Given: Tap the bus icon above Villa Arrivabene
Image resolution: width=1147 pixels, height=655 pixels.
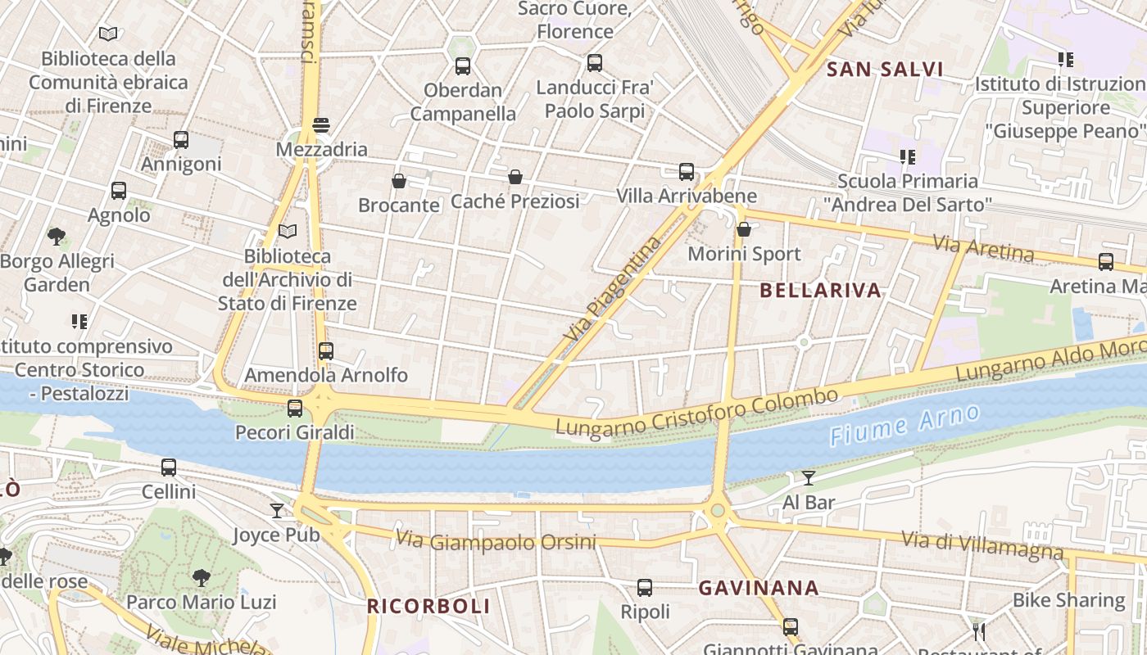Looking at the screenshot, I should coord(687,172).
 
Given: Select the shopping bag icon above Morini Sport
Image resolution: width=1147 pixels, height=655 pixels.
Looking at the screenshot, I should coord(744,229).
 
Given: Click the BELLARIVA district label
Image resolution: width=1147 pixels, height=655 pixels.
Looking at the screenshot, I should coord(820,290).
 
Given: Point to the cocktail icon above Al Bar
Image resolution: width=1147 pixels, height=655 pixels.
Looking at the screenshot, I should coord(809,478).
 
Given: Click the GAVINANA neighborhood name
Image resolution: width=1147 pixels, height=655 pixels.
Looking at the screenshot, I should coord(759,588).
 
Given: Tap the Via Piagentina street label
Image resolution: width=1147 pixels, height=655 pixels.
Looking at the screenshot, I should coord(613,288).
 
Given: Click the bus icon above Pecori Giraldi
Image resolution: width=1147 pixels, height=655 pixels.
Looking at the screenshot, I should coord(295,408).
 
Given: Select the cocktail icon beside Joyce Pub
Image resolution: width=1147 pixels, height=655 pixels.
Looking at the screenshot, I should coord(277,511).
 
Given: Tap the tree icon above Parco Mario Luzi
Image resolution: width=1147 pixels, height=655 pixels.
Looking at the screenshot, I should coord(201,578).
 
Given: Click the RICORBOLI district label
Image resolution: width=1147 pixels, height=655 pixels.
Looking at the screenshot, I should coord(428,607).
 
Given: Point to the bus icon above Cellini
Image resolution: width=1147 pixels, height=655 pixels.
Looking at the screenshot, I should coord(169,468).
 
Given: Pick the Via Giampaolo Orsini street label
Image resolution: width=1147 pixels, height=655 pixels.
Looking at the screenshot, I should coord(507,541).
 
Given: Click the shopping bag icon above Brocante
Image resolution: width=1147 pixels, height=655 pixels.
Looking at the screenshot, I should coord(399,181).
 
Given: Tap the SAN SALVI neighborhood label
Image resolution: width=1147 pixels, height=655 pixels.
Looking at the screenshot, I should coord(885,70).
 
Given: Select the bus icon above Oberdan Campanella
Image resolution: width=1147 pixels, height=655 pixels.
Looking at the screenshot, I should coord(463,66).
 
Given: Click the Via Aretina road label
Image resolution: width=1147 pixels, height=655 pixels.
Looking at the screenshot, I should coord(983,247).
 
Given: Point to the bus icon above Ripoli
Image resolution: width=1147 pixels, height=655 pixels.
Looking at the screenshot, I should coord(645,588).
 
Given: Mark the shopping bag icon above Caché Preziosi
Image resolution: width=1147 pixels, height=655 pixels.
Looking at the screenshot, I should coord(515,177).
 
